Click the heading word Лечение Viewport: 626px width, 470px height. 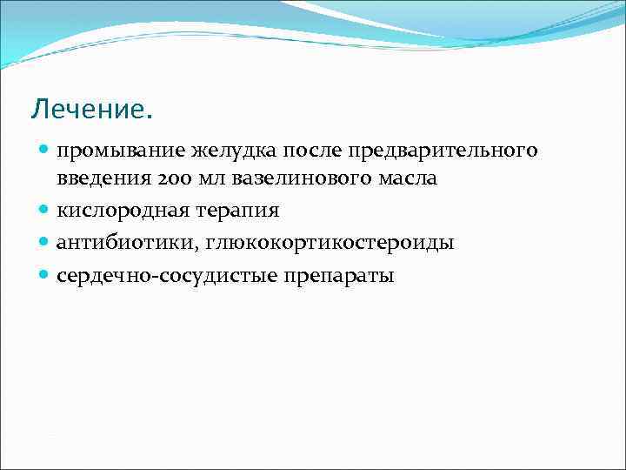click(x=90, y=110)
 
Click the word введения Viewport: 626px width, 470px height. click(x=98, y=178)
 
